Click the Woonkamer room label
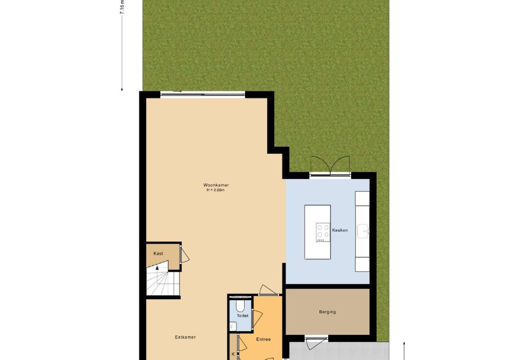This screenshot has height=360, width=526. click(216, 185)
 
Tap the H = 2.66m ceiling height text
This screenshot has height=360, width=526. click(215, 190)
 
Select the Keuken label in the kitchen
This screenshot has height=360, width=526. click(340, 230)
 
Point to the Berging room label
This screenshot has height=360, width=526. click(327, 312)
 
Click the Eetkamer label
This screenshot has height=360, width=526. click(185, 337)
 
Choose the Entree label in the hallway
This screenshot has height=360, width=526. click(263, 339)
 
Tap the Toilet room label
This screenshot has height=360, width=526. click(242, 316)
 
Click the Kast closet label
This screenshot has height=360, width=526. click(158, 254)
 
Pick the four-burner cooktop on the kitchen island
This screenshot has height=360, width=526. click(323, 232)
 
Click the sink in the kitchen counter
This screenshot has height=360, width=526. click(363, 231)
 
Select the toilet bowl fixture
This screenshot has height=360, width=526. click(240, 305)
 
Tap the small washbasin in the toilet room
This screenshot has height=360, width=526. click(233, 326)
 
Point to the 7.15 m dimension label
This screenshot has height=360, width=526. click(122, 7)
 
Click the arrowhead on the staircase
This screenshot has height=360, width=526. click(157, 267)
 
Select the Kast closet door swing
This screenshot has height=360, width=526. click(185, 255)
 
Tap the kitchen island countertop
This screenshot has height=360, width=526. click(318, 232)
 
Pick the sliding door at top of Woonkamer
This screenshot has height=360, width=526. click(203, 94)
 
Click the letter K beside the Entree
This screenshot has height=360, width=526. click(233, 354)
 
